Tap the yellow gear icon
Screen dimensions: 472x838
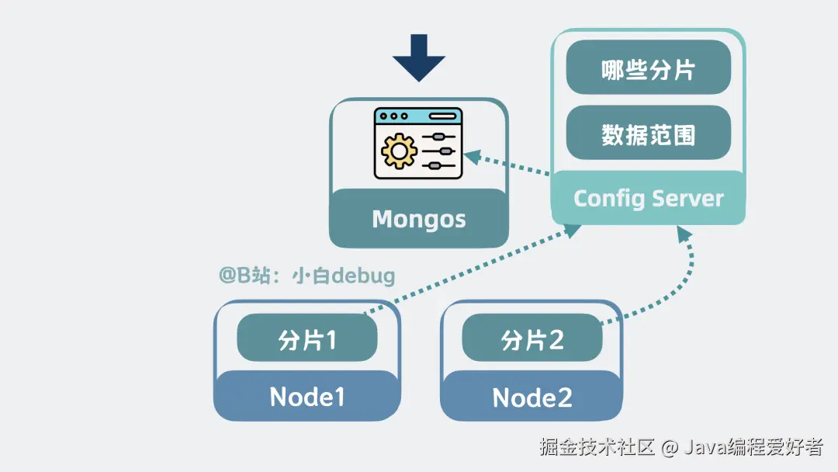click(x=400, y=150)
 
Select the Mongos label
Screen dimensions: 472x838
click(x=419, y=219)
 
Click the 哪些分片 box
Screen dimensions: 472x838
click(x=648, y=70)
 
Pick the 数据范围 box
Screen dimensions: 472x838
click(x=648, y=135)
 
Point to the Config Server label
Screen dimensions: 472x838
click(x=648, y=198)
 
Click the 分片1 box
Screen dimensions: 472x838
click(x=306, y=339)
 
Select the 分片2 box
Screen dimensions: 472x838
click(x=532, y=339)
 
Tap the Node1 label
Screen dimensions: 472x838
click(x=306, y=397)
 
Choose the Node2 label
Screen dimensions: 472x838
click(x=532, y=398)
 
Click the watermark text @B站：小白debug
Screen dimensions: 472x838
click(x=307, y=276)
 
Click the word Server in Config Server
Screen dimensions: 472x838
click(x=687, y=198)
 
